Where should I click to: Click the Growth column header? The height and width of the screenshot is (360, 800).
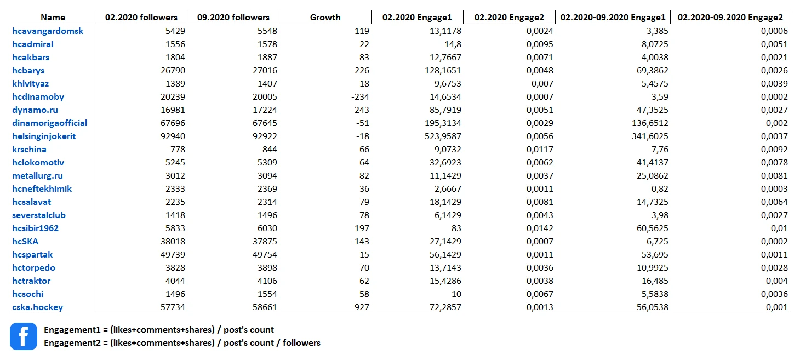click(325, 17)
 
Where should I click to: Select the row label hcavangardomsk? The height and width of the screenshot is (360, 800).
click(48, 31)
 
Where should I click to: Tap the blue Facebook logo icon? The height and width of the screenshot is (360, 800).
click(24, 336)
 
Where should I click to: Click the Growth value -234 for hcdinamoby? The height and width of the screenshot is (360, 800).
click(360, 97)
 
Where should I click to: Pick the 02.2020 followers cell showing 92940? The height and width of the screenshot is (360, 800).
click(173, 136)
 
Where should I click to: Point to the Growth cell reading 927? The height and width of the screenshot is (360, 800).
click(362, 307)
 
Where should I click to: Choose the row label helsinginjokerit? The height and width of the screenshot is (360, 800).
click(44, 136)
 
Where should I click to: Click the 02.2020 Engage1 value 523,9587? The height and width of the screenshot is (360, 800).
click(443, 136)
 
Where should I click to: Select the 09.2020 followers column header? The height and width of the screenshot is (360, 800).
click(233, 17)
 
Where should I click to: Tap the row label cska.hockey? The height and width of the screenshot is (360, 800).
click(37, 307)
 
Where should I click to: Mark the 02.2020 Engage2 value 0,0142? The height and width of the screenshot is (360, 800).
click(540, 228)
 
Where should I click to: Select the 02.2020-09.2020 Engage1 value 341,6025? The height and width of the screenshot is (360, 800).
click(650, 136)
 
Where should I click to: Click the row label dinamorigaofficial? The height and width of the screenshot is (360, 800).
click(50, 123)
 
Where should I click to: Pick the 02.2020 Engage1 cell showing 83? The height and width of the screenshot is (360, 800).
click(456, 228)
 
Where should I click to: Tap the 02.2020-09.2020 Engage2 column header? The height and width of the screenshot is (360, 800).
click(730, 17)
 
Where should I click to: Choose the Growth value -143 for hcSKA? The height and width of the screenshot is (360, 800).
click(360, 242)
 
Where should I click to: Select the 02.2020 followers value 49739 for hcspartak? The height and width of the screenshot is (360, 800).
click(173, 255)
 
